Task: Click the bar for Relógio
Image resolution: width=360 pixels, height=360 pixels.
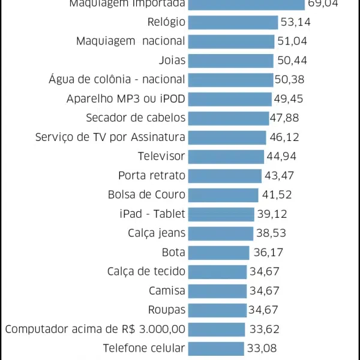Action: tap(233, 22)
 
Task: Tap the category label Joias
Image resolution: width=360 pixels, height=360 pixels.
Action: tap(172, 61)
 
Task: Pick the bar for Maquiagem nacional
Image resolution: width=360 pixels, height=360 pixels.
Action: tap(231, 41)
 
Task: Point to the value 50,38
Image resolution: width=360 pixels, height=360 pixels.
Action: tap(290, 80)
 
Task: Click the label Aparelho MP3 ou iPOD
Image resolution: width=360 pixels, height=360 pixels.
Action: tap(126, 99)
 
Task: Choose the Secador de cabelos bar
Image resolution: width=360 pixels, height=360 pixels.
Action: tap(228, 118)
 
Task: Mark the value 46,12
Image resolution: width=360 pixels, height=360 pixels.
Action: tap(284, 137)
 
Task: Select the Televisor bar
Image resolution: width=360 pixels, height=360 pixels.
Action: tap(226, 157)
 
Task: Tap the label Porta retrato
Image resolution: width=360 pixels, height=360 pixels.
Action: tap(152, 176)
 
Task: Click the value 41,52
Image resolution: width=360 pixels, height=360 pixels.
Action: tap(277, 195)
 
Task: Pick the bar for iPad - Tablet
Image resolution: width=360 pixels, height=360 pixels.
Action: tap(221, 214)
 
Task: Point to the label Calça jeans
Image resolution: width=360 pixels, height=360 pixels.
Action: tap(157, 233)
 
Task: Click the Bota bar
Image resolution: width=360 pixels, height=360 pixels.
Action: tap(218, 253)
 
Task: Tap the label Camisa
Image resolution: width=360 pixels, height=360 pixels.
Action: tap(167, 291)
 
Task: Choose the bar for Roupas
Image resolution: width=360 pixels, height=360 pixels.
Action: tap(217, 310)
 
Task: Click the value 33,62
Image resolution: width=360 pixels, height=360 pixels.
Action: tap(265, 329)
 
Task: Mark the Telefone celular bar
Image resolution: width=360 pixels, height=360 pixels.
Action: tap(215, 349)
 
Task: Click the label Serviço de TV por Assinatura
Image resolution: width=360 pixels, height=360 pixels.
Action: tap(110, 137)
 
